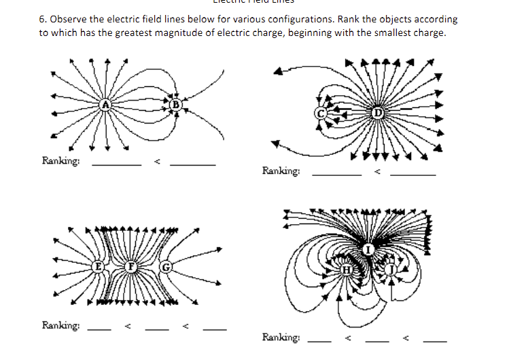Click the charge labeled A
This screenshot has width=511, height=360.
pyautogui.click(x=105, y=104)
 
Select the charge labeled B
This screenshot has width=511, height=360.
pyautogui.click(x=175, y=105)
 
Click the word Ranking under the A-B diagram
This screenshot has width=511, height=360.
pyautogui.click(x=61, y=161)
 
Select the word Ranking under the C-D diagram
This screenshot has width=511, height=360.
pyautogui.click(x=281, y=171)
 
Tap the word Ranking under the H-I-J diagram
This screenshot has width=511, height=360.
pyautogui.click(x=281, y=337)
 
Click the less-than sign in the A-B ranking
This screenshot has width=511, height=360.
pyautogui.click(x=155, y=162)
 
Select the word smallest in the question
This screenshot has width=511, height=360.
pyautogui.click(x=395, y=33)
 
